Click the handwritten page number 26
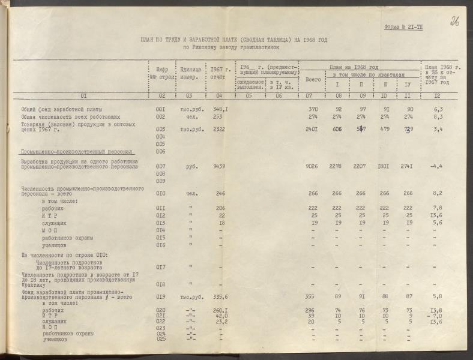[x=454, y=22]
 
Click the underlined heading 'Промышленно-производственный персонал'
[x=76, y=152]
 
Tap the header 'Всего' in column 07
[x=313, y=79]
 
